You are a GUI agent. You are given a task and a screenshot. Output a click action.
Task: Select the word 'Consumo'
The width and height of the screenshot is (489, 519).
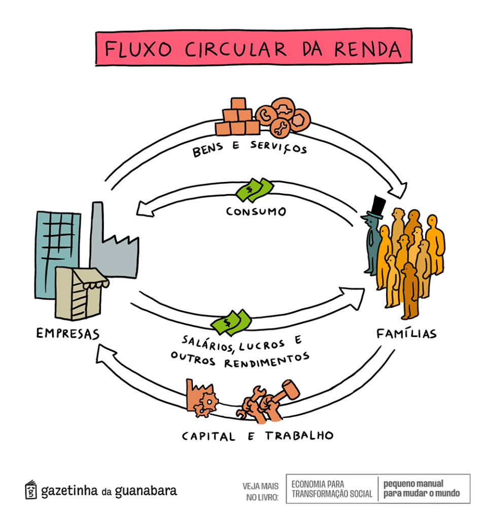(256, 211)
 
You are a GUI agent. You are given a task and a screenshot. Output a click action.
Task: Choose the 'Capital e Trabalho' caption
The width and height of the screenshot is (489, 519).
(258, 435)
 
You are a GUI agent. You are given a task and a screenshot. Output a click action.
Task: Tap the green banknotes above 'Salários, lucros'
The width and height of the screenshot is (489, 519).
(231, 321)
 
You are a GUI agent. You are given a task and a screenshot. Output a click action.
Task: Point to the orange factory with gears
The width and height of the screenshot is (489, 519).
(201, 396)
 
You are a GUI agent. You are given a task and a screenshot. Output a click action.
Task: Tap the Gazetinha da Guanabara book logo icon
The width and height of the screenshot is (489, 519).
(31, 490)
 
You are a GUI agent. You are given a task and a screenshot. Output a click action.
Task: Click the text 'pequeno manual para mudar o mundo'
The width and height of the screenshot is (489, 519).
(421, 489)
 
